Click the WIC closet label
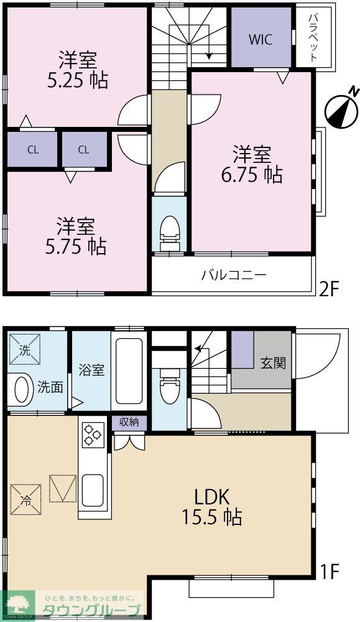pyautogui.click(x=261, y=39)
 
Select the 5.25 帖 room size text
pyautogui.click(x=78, y=80)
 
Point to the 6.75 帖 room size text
pyautogui.click(x=252, y=175)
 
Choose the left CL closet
pyautogui.click(x=32, y=149)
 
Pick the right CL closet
pyautogui.click(x=84, y=149)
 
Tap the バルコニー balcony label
pyautogui.click(x=233, y=274)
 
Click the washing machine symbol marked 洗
pyautogui.click(x=24, y=350)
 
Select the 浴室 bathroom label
pyautogui.click(x=91, y=369)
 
